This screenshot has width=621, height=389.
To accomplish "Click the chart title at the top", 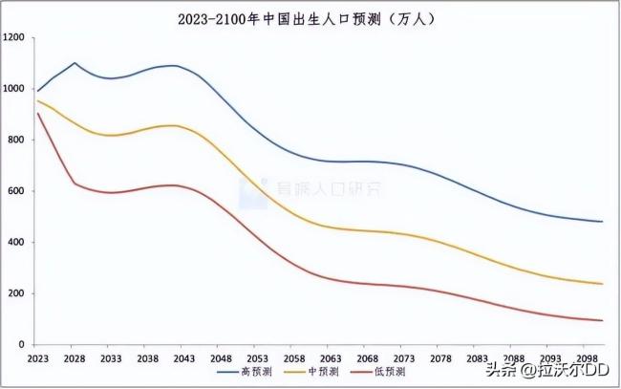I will pyautogui.click(x=310, y=16).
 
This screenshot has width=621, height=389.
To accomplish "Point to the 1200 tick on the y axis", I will pyautogui.click(x=15, y=37).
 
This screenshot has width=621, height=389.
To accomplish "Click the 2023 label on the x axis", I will pyautogui.click(x=37, y=357).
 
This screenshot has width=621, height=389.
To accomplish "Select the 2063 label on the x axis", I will pyautogui.click(x=330, y=357).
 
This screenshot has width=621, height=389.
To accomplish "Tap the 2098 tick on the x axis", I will pyautogui.click(x=586, y=357).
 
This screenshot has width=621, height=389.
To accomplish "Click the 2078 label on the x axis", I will pyautogui.click(x=439, y=357).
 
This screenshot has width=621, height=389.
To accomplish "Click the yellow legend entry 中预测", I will pyautogui.click(x=310, y=372).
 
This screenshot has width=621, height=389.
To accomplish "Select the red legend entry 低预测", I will pyautogui.click(x=378, y=372).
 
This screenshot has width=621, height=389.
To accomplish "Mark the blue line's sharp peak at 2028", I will pyautogui.click(x=75, y=63).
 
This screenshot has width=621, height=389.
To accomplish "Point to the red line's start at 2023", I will pyautogui.click(x=37, y=113).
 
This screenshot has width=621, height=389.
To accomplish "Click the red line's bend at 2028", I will pyautogui.click(x=75, y=183).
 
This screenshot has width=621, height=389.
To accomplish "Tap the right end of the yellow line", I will pyautogui.click(x=602, y=284).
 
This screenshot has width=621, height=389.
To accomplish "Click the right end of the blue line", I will pyautogui.click(x=602, y=222).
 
